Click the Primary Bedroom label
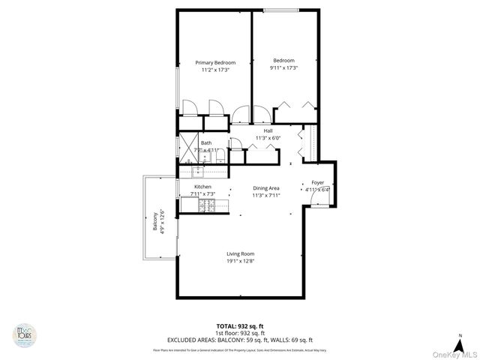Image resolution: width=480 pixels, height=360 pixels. point(215,62)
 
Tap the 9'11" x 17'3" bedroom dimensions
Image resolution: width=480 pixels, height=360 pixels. point(283,68)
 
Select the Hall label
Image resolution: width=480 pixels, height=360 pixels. point(268,130)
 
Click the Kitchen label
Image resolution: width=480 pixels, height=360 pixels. point(202,187)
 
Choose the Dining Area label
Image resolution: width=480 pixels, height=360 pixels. point(266,187)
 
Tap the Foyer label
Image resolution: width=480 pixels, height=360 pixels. point(317,182)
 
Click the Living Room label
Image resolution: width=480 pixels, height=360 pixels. point(241,254)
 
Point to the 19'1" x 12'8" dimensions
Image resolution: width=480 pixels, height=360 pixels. point(241,262)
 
